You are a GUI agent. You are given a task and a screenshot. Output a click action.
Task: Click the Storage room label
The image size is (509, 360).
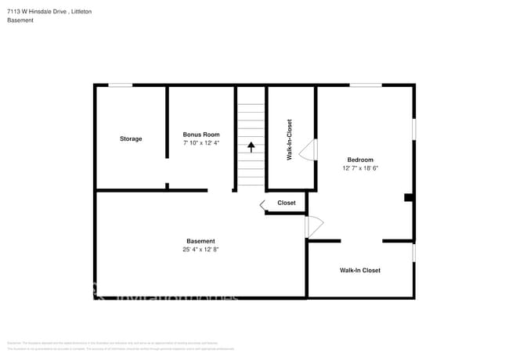coord(131,139)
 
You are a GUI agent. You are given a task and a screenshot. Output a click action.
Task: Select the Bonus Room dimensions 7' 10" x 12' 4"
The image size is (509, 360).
coord(201,143)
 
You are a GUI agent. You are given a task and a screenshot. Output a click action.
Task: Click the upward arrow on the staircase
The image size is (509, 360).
coord(251,146)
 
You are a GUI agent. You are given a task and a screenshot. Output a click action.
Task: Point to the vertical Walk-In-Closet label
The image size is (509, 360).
coord(290,140)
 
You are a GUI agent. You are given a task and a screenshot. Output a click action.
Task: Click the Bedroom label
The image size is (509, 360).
coord(360,160)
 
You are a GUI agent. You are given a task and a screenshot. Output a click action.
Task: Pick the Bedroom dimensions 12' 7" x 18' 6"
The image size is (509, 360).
coord(360,168)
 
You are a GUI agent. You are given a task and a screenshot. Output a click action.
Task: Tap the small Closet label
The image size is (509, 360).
coord(287,203)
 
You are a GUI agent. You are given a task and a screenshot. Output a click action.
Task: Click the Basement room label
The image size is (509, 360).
coord(200,241)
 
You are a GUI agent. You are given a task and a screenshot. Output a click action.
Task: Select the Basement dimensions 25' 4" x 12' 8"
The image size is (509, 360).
coord(200,250)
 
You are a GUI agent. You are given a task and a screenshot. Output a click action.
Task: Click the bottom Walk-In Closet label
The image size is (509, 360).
coord(359,270)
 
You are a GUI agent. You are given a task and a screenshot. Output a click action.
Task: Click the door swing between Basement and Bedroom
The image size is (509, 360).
coord(313,227)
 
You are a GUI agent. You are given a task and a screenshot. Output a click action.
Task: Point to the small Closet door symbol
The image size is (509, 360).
coord(264,204)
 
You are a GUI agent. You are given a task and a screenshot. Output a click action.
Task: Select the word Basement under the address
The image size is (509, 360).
coord(20,20)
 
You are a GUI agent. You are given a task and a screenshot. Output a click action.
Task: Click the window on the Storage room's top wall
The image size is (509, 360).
coord(120,85)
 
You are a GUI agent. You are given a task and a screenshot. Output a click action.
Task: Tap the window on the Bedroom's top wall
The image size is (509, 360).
coord(365,85)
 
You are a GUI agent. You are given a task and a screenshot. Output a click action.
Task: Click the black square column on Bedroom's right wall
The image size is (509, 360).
coord(408,198)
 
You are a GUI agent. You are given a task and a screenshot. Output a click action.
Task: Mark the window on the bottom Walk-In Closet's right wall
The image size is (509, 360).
coord(413,252)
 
